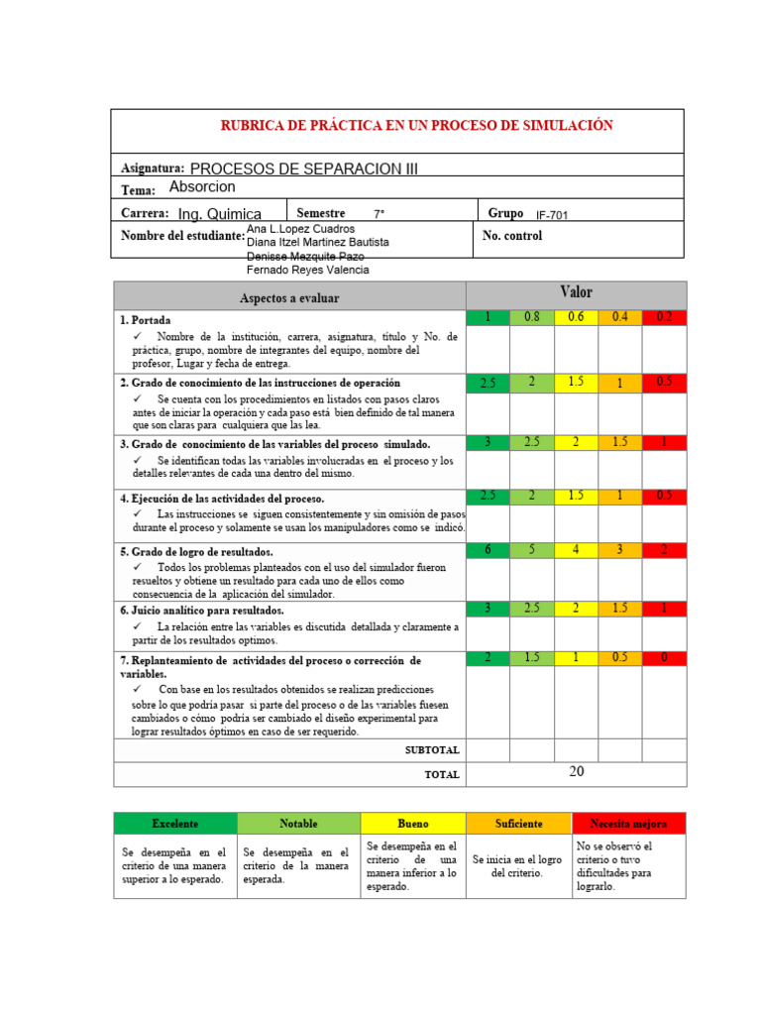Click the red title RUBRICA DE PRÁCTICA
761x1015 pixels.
coord(415,125)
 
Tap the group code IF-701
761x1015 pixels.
coord(552,215)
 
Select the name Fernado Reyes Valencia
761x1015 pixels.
coord(306,271)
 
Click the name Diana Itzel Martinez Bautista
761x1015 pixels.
coord(317,242)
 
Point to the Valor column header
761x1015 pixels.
coord(576,292)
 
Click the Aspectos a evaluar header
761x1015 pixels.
coord(289,297)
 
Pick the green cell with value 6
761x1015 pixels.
coord(488,549)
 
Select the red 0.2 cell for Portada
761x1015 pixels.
coord(664,317)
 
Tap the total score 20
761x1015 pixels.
coord(577,772)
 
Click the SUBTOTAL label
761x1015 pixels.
coord(432,750)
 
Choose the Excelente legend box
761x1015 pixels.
coord(175,824)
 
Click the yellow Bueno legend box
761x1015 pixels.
coord(413,824)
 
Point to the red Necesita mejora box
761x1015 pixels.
coord(628,824)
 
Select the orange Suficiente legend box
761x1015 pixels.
coord(519,824)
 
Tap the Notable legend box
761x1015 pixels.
coord(298,824)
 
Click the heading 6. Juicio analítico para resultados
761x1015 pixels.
coord(202,611)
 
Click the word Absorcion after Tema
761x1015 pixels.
coord(202,186)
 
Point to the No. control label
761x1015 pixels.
coord(512,236)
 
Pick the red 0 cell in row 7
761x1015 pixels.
coord(664,658)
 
